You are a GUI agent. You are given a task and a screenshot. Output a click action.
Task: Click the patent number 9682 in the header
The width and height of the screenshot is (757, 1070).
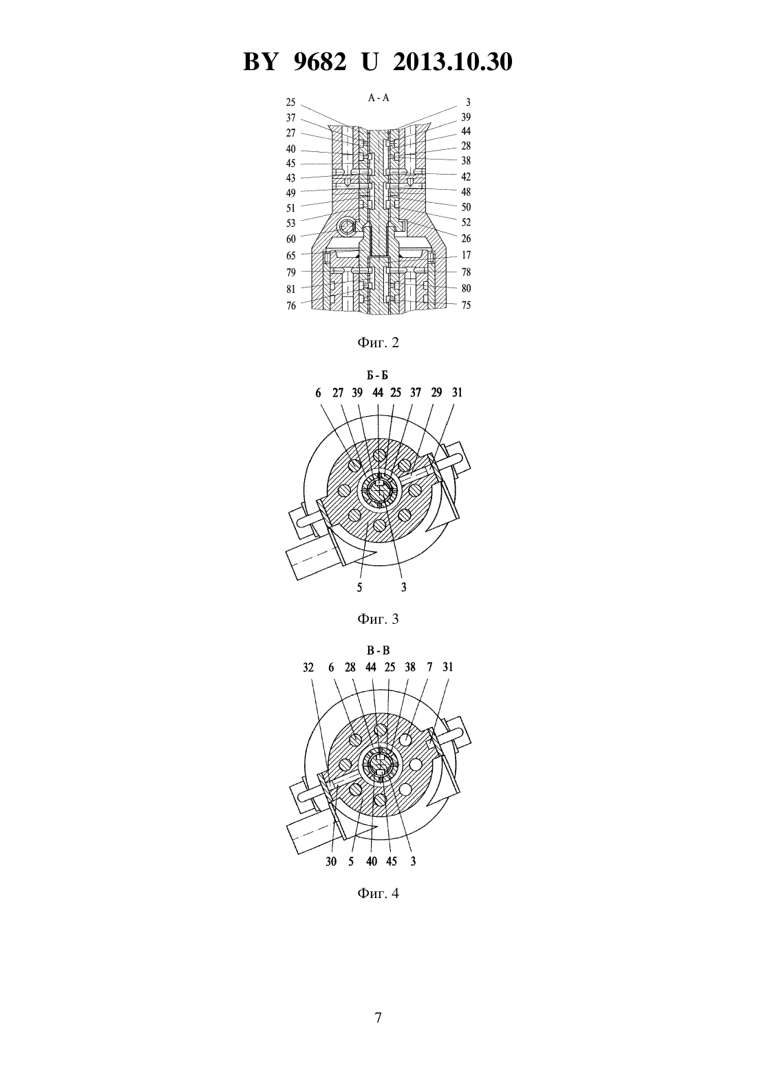[319, 62]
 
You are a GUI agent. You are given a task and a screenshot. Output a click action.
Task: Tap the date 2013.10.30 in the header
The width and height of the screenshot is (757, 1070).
[453, 62]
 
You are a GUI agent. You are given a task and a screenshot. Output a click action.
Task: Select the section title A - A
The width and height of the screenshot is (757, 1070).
[378, 98]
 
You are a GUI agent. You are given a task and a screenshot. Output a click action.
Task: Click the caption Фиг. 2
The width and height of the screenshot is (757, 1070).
[378, 342]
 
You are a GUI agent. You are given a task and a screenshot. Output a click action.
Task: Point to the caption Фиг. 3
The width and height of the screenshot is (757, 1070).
[378, 619]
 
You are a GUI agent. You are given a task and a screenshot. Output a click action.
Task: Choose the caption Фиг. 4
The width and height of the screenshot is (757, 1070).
[378, 893]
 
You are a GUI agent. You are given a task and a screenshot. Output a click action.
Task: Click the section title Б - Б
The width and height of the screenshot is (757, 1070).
[378, 375]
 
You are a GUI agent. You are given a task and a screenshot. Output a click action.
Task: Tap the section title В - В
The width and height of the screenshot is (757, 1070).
[378, 651]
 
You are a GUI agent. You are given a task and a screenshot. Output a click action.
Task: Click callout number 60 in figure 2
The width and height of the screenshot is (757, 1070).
[291, 239]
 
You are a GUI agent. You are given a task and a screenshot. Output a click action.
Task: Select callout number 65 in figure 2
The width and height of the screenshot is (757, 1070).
[291, 256]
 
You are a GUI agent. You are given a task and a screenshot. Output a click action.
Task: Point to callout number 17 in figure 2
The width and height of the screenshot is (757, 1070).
[466, 255]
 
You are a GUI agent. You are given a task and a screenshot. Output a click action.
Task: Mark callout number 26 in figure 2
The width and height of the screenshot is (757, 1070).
[466, 239]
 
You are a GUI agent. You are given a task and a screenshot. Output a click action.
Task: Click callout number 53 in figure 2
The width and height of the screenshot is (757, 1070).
[291, 223]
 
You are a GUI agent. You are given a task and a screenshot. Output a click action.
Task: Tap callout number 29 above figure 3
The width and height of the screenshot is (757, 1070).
[436, 393]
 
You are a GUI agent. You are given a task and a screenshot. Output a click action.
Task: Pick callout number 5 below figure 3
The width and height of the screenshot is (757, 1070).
[359, 587]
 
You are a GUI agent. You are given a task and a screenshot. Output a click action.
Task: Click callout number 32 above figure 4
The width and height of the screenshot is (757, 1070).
[308, 667]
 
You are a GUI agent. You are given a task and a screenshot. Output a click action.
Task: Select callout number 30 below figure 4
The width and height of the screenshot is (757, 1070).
[331, 861]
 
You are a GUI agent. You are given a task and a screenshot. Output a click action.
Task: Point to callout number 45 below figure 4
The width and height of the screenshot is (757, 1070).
[392, 861]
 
